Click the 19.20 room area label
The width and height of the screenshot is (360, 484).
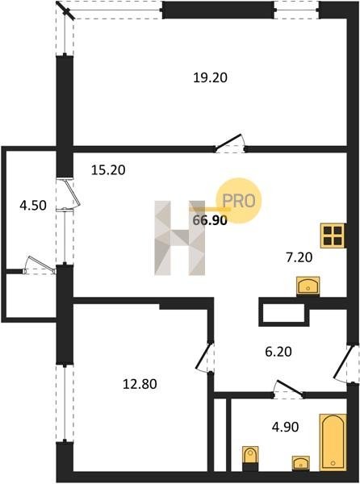pos(210,77)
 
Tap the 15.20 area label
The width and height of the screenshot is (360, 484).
pos(108,169)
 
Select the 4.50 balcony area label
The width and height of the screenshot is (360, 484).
pos(33,205)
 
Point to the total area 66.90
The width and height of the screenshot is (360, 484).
pos(210,220)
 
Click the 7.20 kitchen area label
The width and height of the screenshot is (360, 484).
pos(299,257)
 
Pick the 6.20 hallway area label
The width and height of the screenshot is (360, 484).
pos(278,352)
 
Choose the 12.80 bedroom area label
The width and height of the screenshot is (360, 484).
pos(140,384)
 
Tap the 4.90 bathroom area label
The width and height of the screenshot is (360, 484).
pos(285,428)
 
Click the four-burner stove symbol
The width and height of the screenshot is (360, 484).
pos(333,236)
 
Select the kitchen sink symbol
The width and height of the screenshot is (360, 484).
pos(308,286)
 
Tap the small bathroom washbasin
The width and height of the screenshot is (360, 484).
pos(301,463)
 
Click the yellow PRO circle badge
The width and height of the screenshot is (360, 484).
pos(239,201)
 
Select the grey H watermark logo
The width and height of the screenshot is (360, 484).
pos(180,238)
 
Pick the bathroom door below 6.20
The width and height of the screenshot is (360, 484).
pos(289,388)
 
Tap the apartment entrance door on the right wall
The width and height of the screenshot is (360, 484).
pos(343,364)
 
